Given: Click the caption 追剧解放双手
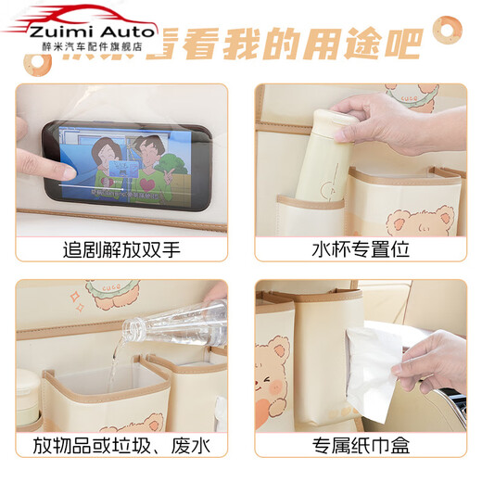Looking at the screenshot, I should click(x=120, y=250).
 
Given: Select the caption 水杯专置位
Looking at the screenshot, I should click(x=361, y=250).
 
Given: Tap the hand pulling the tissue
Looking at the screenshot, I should click(x=436, y=357).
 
